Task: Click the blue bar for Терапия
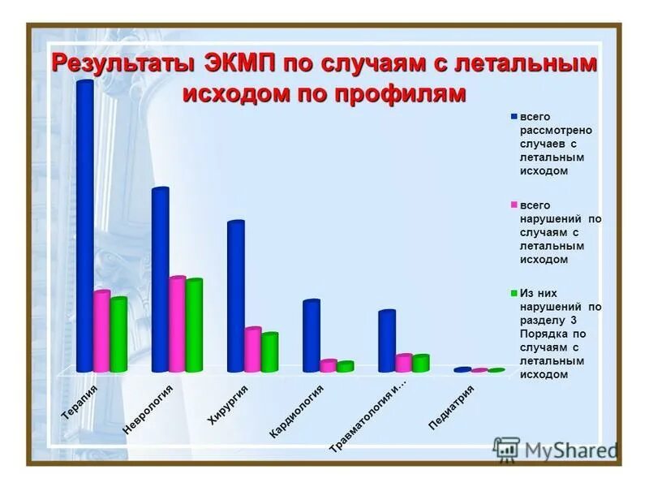tap(84, 227)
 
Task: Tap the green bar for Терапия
tap(118, 334)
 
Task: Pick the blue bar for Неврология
tap(160, 280)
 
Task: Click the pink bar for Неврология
tap(177, 325)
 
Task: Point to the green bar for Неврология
tap(194, 325)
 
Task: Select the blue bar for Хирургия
tap(235, 296)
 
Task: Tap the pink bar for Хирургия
tap(252, 350)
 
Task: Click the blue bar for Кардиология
tap(312, 335)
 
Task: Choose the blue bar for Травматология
tap(387, 341)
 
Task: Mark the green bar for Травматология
tap(420, 363)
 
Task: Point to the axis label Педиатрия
tap(450, 407)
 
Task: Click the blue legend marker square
tap(514, 117)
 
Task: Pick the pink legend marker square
tap(514, 205)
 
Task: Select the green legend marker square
tap(514, 293)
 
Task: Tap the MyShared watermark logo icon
tap(506, 449)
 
